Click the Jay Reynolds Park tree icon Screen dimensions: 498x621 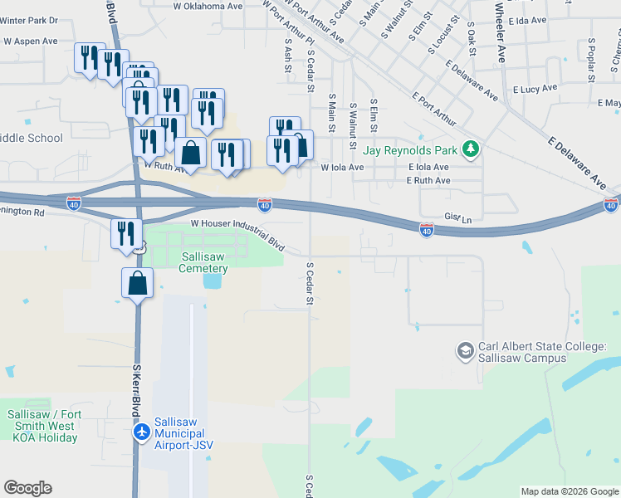(472, 150)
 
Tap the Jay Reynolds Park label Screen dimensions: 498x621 (410, 151)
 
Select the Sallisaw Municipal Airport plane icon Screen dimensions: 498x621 (141, 432)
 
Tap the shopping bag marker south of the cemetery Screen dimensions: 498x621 (138, 284)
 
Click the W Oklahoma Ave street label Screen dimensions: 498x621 (208, 6)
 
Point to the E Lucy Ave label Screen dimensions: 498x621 (535, 89)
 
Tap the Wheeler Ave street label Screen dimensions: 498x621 (500, 33)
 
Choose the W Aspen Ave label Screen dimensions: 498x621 (31, 41)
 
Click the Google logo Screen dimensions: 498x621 (27, 488)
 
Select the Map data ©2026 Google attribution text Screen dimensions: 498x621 (570, 491)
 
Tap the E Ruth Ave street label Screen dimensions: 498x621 (429, 180)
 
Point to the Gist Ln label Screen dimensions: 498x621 (457, 218)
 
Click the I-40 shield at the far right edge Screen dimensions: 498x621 (611, 205)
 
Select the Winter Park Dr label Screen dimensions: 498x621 (30, 19)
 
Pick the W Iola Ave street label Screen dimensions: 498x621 (342, 167)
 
